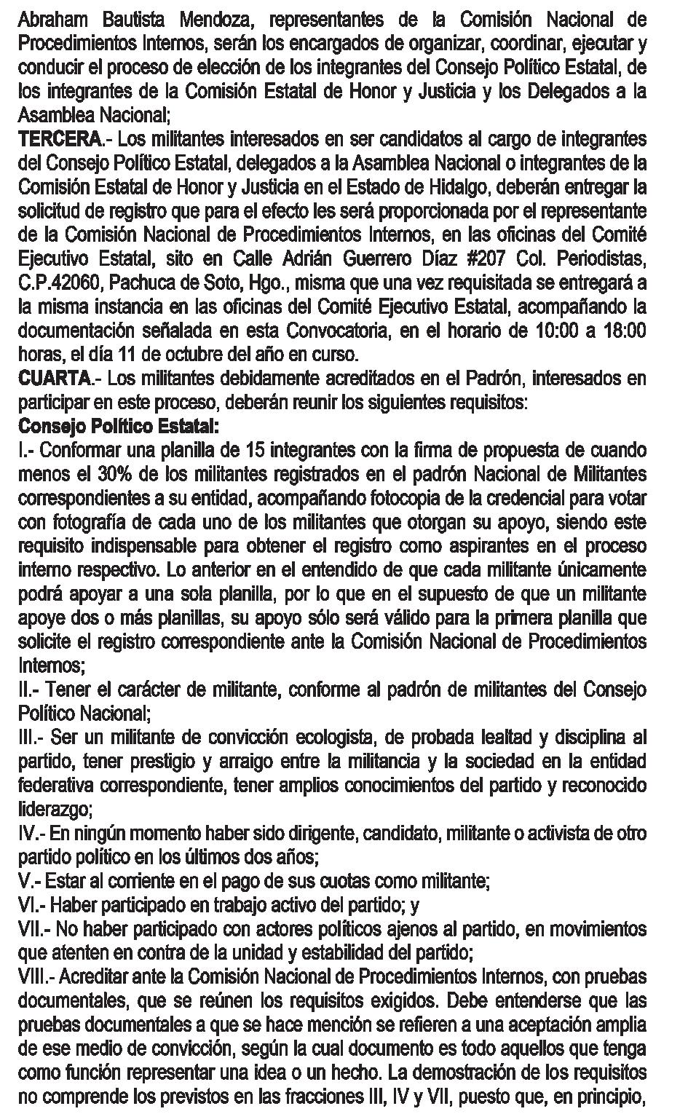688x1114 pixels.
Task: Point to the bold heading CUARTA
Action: pyautogui.click(x=55, y=379)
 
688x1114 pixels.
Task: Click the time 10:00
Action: pyautogui.click(x=558, y=331)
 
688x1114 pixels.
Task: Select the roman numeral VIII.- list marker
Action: pyautogui.click(x=39, y=977)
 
